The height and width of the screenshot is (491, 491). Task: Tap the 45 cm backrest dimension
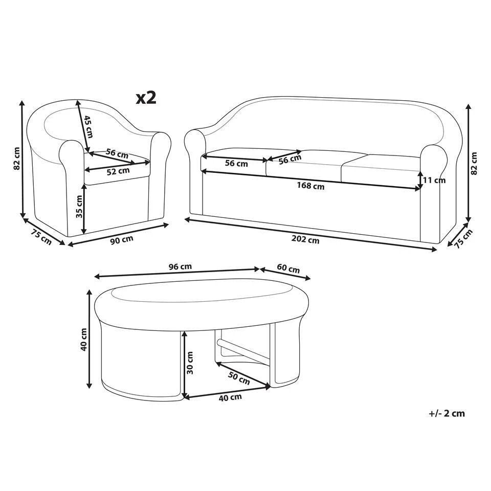pos(88,126)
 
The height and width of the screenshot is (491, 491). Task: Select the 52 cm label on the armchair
pos(118,171)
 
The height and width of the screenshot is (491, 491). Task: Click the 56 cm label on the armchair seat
pos(117,153)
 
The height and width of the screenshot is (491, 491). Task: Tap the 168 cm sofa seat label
pos(311,186)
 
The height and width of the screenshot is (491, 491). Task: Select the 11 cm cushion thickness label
pos(435,180)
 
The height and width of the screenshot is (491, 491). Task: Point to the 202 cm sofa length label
pos(306,239)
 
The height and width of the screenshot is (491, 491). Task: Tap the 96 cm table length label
pos(180,266)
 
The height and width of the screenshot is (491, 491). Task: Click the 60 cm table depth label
pos(288,270)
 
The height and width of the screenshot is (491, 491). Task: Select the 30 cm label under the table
pos(190,363)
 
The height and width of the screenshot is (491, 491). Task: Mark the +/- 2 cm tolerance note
pos(447,413)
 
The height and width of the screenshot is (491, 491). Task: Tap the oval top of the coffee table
pos(202,297)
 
